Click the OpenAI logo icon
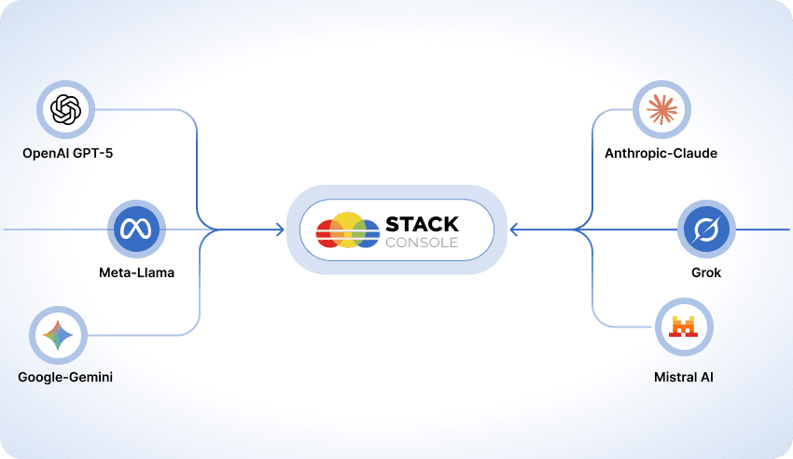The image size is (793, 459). click(66, 110)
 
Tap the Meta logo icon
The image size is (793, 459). click(136, 229)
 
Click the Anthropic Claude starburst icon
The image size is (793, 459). click(661, 110)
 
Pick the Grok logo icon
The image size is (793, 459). click(707, 229)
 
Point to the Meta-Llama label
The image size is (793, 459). click(136, 273)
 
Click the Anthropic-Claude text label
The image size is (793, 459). click(661, 152)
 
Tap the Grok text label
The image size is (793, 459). click(707, 273)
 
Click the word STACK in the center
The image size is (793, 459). click(422, 224)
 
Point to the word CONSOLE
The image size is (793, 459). click(422, 243)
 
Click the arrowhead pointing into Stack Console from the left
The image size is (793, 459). click(280, 229)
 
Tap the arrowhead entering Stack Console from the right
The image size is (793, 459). click(514, 229)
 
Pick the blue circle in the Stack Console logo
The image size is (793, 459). click(366, 233)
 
